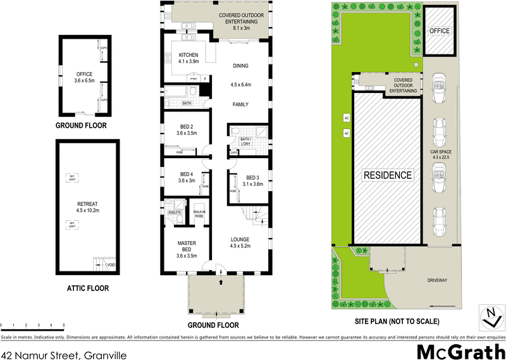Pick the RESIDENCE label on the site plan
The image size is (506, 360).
387,175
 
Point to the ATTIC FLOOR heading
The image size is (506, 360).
87,289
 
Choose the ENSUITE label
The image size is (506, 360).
174,213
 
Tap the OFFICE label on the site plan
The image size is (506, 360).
439,30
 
